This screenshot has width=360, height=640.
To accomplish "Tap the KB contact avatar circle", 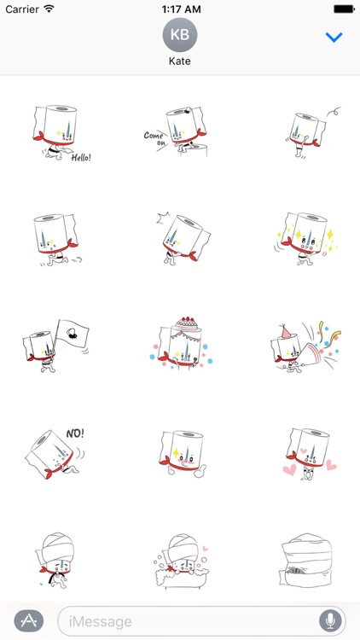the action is pyautogui.click(x=180, y=35).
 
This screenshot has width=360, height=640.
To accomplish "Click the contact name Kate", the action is pyautogui.click(x=180, y=61).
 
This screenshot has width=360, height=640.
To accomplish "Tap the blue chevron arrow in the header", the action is pyautogui.click(x=334, y=38).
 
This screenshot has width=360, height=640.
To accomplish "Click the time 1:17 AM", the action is pyautogui.click(x=180, y=9).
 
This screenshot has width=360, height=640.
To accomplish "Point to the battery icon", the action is pyautogui.click(x=344, y=9).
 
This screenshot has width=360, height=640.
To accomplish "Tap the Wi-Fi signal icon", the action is pyautogui.click(x=49, y=9).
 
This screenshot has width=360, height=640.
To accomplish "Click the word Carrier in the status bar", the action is pyautogui.click(x=22, y=9).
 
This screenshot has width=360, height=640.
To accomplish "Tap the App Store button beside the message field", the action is pyautogui.click(x=29, y=621).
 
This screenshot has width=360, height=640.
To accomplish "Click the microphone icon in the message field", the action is pyautogui.click(x=330, y=621).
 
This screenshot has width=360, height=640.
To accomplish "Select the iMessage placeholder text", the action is pyautogui.click(x=100, y=621).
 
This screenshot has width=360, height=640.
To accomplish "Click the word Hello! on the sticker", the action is pyautogui.click(x=81, y=158).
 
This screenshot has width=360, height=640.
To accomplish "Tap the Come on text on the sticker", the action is pyautogui.click(x=154, y=138).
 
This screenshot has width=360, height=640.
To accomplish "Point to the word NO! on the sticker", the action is pyautogui.click(x=75, y=433).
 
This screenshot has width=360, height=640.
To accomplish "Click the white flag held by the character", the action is pyautogui.click(x=73, y=334).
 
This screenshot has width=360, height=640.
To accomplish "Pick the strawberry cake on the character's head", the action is pyautogui.click(x=187, y=323).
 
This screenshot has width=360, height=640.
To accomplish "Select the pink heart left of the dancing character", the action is pyautogui.click(x=289, y=470).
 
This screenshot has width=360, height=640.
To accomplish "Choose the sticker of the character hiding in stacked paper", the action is pyautogui.click(x=306, y=561).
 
